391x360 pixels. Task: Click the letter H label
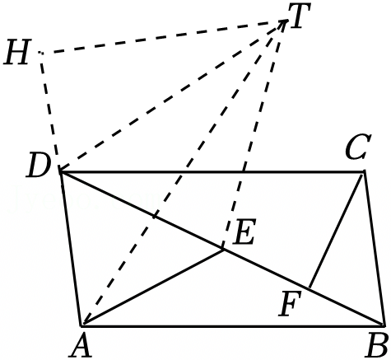click(16, 52)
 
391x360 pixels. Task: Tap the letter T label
click(299, 16)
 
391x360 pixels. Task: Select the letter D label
click(39, 165)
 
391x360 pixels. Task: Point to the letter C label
click(358, 147)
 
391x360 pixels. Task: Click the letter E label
click(244, 231)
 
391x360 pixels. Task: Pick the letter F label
click(290, 303)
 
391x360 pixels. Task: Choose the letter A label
click(81, 345)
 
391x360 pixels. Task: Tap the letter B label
click(378, 345)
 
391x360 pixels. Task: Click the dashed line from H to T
click(164, 36)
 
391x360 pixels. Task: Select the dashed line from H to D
click(50, 112)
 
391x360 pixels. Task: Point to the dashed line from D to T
click(174, 96)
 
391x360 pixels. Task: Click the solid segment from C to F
click(335, 231)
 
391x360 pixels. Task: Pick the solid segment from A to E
click(153, 287)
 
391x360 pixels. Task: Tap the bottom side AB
click(232, 326)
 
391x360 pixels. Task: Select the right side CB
click(374, 248)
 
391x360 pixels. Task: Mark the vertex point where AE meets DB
click(223, 250)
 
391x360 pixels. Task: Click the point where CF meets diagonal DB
click(309, 288)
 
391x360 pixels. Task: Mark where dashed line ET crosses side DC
click(244, 172)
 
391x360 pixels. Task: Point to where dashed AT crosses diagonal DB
click(154, 217)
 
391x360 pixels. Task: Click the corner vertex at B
click(383, 326)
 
